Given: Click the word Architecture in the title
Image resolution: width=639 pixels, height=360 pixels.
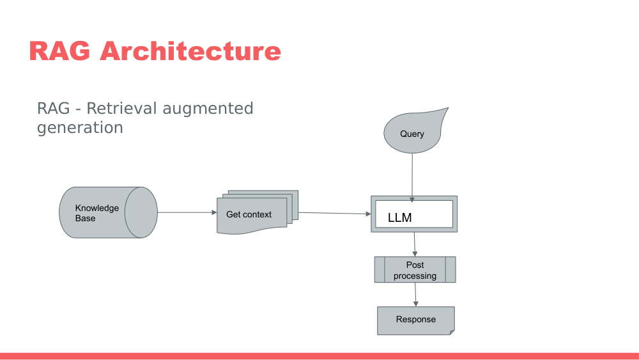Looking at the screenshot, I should (x=190, y=51).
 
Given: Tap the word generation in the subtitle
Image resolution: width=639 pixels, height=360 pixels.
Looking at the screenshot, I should (x=80, y=127).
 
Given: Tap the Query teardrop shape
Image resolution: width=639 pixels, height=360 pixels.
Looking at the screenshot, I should (x=412, y=134).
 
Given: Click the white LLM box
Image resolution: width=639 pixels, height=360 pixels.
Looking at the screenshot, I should (x=414, y=215).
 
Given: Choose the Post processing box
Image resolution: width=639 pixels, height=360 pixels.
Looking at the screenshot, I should (x=415, y=270).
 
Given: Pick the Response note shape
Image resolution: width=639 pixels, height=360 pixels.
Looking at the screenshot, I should (x=415, y=320).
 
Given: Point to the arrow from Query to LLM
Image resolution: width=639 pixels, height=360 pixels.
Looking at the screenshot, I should (x=412, y=176).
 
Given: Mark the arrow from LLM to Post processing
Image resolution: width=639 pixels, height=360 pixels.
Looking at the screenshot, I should (x=415, y=244).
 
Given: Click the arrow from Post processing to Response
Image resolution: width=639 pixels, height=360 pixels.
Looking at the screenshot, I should (x=415, y=294).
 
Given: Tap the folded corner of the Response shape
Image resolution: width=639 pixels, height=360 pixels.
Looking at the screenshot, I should (x=451, y=331).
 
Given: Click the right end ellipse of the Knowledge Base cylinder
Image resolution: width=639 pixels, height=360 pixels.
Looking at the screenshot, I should (x=141, y=213).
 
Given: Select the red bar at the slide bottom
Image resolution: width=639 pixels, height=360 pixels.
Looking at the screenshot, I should (x=319, y=356).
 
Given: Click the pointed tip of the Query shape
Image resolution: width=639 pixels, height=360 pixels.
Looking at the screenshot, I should (x=445, y=110).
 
